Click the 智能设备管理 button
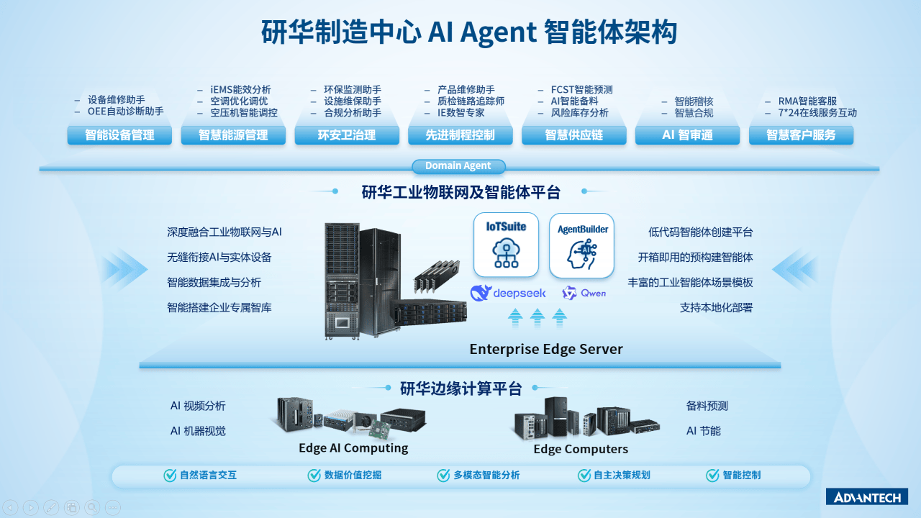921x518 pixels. [119, 135]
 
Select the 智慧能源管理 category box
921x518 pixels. [233, 135]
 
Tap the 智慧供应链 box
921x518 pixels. [574, 135]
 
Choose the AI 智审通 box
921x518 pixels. [687, 135]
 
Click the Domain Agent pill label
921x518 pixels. [458, 166]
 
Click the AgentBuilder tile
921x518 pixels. [582, 246]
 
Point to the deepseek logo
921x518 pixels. [508, 293]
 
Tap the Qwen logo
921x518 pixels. [584, 293]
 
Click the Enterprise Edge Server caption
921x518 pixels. [546, 350]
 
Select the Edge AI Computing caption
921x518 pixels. [353, 448]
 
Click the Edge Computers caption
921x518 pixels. [581, 450]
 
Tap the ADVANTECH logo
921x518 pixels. [866, 497]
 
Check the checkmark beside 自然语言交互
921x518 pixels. [170, 476]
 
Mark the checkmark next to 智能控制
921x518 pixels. [712, 476]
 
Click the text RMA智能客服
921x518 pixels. [807, 101]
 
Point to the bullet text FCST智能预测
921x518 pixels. [581, 90]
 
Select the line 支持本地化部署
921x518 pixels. [716, 308]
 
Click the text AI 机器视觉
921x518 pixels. [198, 431]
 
